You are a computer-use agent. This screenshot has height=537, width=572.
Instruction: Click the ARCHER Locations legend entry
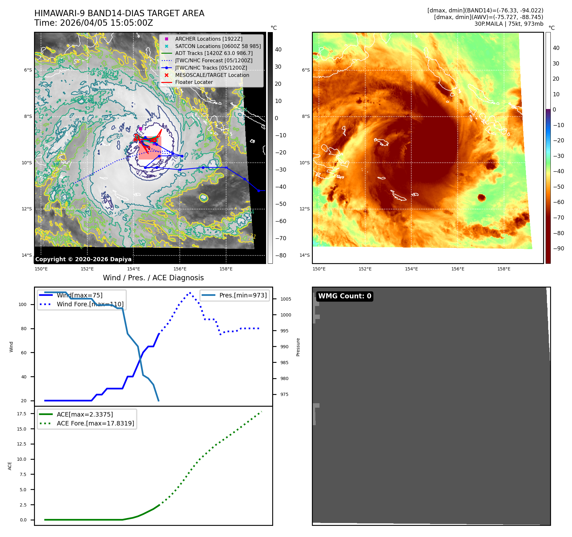coord(208,39)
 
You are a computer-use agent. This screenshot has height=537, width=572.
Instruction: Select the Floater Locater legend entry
coord(194,82)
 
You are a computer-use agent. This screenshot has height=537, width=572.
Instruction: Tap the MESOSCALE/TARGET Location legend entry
coord(212,75)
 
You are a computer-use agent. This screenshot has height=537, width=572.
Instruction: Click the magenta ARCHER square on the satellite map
coord(140,129)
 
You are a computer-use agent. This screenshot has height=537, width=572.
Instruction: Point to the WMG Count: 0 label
coord(345,296)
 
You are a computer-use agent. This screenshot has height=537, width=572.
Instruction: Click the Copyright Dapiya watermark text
coord(83,259)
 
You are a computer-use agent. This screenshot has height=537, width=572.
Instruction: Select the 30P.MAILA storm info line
coord(508,24)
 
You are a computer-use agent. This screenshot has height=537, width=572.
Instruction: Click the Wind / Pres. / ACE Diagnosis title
coord(153,278)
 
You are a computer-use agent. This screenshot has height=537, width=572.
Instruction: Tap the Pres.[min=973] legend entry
coord(243,295)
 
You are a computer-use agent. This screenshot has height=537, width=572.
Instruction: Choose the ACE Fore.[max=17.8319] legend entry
coord(95,423)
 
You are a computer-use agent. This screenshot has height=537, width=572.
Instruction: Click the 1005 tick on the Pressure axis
coord(286,299)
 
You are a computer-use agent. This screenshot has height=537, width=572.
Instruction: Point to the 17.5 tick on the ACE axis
coord(22,414)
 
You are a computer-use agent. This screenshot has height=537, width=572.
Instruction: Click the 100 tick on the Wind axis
coord(23,304)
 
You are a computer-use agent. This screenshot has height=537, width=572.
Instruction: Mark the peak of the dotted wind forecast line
coord(190,293)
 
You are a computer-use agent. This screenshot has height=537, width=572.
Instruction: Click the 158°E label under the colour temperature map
coord(504,269)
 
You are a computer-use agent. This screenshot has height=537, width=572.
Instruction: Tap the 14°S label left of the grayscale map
coord(27,255)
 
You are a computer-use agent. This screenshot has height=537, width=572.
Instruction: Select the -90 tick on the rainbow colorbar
coord(558,248)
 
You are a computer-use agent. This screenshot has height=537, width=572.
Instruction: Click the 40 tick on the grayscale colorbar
coord(278,50)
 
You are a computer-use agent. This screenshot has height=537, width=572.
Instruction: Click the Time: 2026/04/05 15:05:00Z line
coord(94,23)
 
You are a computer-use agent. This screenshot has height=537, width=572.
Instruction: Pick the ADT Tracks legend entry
coord(213,53)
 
